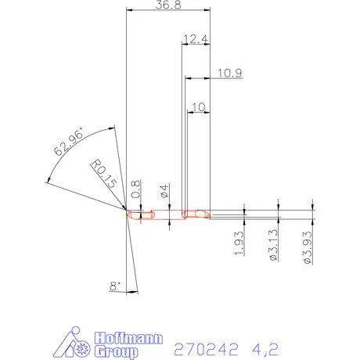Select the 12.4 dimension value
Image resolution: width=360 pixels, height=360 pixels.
[196, 38]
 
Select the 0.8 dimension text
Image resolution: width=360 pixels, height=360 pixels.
[136, 189]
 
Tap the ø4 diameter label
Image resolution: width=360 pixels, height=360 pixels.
[164, 190]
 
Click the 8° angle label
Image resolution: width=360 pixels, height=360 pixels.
[117, 287]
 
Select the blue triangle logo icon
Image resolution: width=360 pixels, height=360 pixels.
[74, 344]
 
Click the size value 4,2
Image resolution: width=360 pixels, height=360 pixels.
[265, 344]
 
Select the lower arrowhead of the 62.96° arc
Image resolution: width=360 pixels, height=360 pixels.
[49, 183]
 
